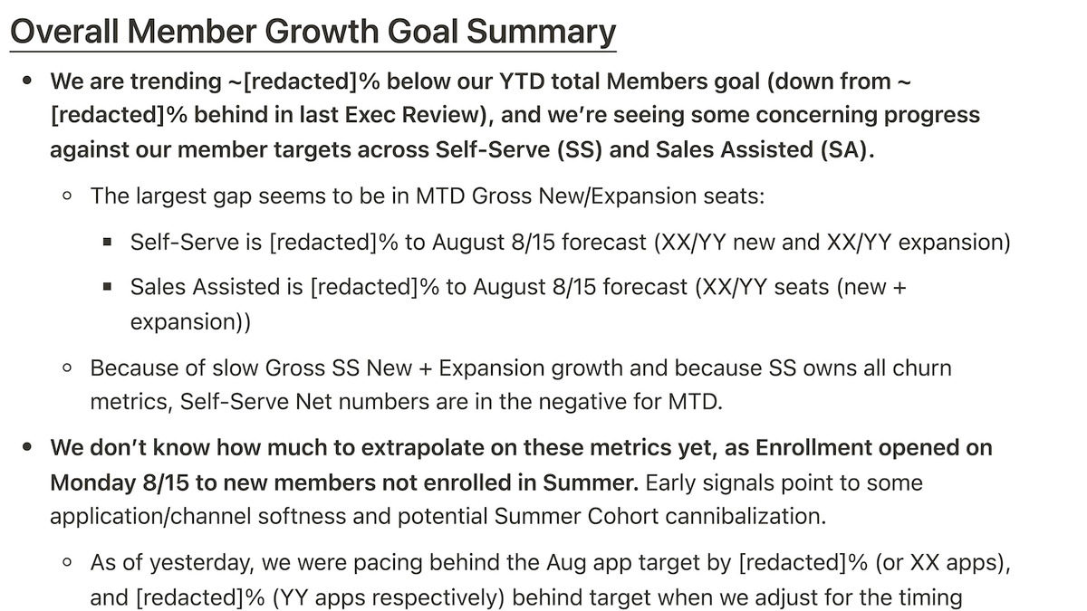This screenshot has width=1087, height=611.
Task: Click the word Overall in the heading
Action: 64,32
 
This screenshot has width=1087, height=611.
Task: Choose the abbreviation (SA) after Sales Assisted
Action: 847,149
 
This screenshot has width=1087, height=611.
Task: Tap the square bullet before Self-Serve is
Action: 107,242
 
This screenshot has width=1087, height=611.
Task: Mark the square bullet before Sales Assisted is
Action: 107,287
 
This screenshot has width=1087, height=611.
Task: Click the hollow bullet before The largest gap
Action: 67,196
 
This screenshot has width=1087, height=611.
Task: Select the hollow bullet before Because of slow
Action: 67,368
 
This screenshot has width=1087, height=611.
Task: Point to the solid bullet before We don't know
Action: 27,446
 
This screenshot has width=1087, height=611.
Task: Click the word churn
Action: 922,368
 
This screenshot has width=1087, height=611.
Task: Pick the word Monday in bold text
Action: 92,483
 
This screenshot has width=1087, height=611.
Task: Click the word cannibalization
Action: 746,516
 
